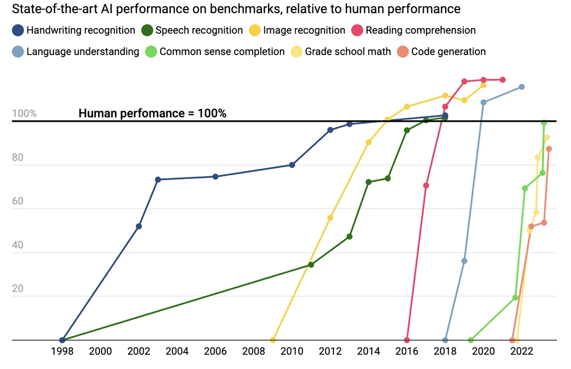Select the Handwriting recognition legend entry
click(74, 31)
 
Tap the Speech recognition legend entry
click(192, 31)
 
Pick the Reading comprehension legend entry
click(413, 31)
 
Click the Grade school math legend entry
click(341, 52)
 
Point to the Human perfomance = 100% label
click(152, 113)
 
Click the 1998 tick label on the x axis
click(62, 352)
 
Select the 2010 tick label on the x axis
click(292, 352)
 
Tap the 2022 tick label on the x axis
click(521, 352)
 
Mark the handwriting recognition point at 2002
click(139, 227)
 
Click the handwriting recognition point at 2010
click(292, 165)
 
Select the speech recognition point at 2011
click(311, 265)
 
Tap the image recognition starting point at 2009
click(273, 340)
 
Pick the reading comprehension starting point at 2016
click(407, 340)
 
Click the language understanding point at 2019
click(464, 261)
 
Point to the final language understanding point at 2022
click(522, 87)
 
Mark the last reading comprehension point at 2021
click(503, 80)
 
